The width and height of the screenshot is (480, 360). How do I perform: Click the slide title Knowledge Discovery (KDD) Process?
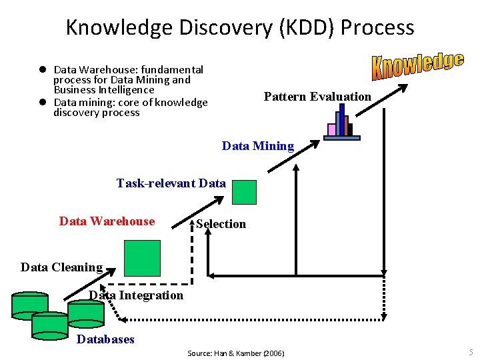click(240, 27)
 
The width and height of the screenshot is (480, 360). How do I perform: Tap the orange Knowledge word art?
click(417, 65)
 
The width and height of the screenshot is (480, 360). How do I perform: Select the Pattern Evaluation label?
click(317, 97)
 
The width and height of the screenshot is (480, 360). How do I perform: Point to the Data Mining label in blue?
click(257, 146)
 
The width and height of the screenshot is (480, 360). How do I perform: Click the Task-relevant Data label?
click(171, 183)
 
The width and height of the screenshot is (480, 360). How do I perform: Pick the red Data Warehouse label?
click(107, 221)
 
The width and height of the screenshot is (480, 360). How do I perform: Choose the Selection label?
click(221, 224)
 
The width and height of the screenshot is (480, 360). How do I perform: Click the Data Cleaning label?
click(61, 267)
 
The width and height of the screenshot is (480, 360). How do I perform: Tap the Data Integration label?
click(136, 295)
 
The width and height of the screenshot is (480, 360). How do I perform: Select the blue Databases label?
click(105, 339)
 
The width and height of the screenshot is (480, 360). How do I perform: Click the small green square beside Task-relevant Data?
click(244, 192)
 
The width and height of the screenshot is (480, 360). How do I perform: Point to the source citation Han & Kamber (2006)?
click(235, 353)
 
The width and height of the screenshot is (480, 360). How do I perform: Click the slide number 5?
click(471, 352)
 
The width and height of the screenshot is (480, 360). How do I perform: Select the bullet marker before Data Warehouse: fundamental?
click(41, 69)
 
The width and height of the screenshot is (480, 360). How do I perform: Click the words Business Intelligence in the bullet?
click(104, 89)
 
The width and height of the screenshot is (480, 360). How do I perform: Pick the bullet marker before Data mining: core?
click(41, 102)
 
